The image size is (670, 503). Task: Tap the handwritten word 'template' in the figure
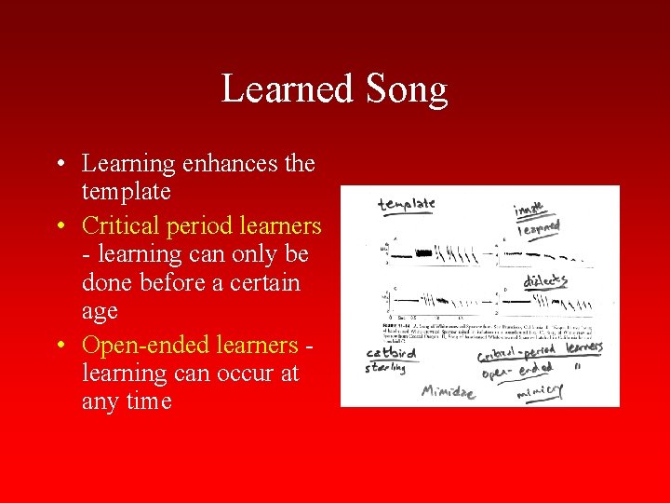(406, 203)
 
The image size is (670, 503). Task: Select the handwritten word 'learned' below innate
(538, 227)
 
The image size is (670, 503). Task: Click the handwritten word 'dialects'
(544, 280)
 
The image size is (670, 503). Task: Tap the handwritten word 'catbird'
(391, 353)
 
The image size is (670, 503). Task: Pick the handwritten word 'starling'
(385, 368)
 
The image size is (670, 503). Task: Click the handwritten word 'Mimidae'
(447, 392)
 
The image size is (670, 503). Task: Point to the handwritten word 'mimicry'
(540, 393)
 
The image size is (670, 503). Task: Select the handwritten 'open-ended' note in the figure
(516, 371)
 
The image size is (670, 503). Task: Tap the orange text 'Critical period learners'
(201, 225)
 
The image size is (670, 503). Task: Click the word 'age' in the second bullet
(100, 311)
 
